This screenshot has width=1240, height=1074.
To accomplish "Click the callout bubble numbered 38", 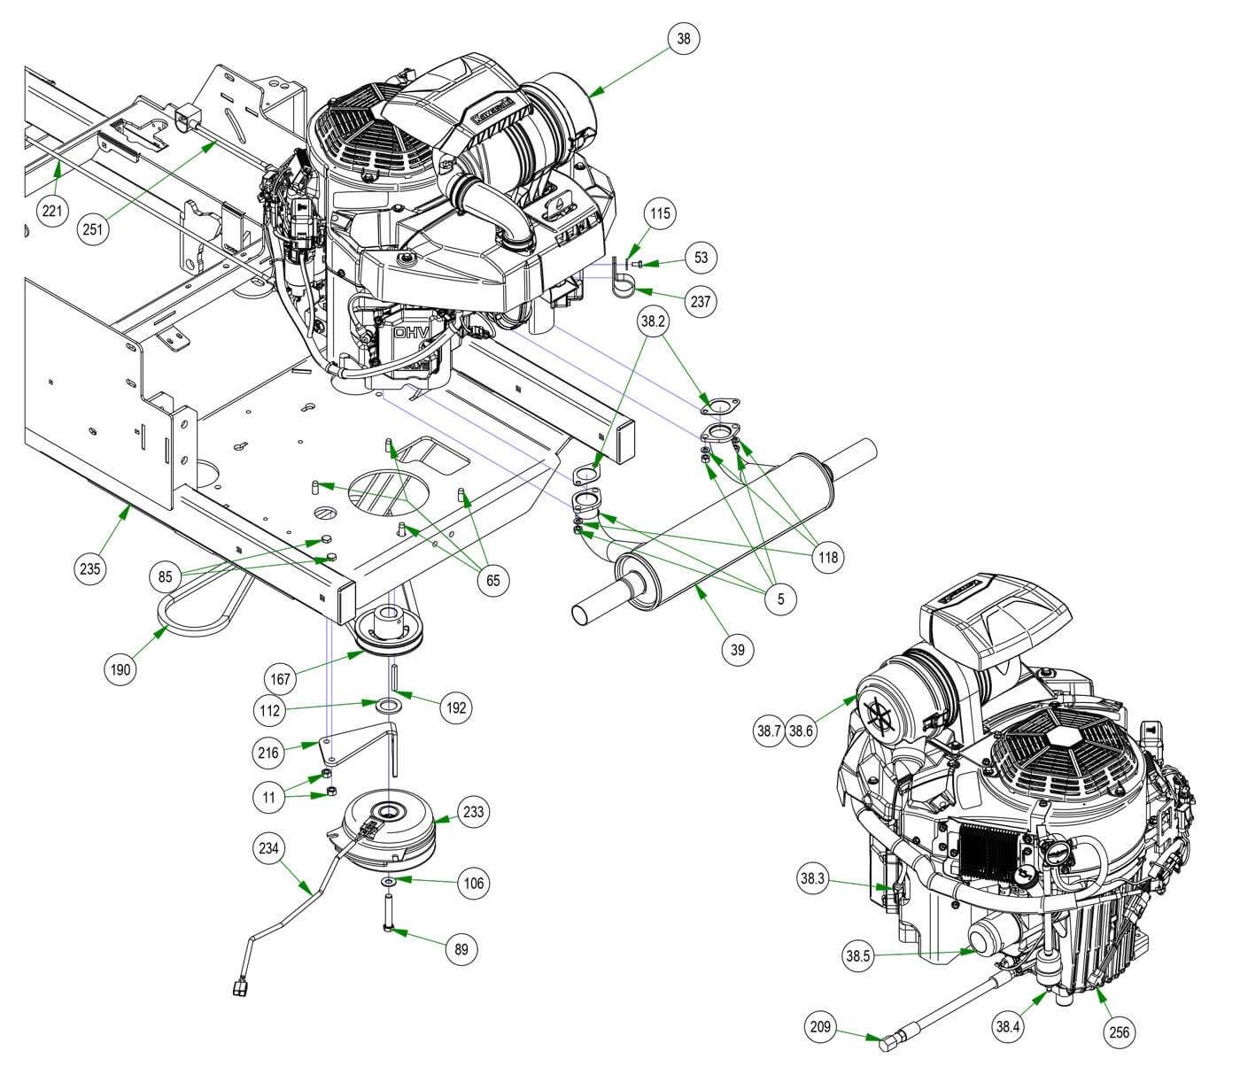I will click(684, 39).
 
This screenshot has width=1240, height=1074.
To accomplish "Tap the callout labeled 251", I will click(94, 229).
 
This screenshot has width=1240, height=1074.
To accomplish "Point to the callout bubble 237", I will click(700, 301).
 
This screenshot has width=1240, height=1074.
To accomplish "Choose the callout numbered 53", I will click(701, 258).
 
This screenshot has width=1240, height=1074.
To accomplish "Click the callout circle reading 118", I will click(829, 557).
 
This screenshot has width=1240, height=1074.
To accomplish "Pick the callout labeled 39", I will click(738, 649).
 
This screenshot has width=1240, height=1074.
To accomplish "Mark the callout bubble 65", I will click(493, 581).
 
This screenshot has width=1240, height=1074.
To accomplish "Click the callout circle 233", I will click(474, 812).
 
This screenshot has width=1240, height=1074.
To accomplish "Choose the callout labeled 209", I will click(820, 1027).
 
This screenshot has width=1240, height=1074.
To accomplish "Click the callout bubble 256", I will click(1120, 1032).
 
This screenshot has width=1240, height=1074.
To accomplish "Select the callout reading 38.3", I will click(811, 880).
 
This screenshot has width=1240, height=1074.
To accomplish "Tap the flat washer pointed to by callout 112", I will click(388, 707).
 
